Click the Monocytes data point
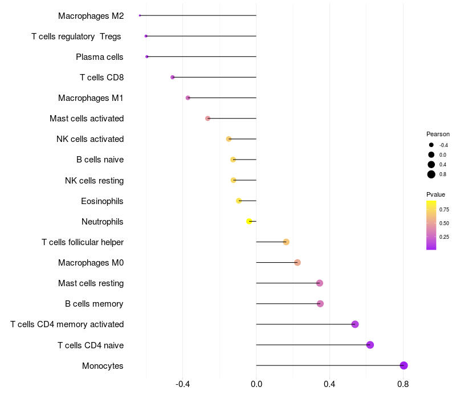tap(404, 365)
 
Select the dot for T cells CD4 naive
tap(370, 345)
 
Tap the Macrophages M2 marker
tap(140, 15)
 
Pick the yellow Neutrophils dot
tap(249, 221)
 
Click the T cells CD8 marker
tap(173, 77)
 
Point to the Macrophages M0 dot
tap(298, 262)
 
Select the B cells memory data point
tap(320, 304)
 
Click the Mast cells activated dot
tap(208, 118)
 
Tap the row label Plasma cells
tap(100, 56)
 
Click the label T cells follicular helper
tap(83, 242)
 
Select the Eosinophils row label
tap(103, 201)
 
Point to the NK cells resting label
tap(95, 181)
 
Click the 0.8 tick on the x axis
tap(403, 384)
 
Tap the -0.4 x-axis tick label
tap(183, 384)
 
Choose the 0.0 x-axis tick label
tap(256, 384)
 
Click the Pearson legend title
tap(438, 134)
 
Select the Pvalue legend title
tap(436, 194)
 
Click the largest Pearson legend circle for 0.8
tap(431, 174)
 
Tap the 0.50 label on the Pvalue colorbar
tap(444, 223)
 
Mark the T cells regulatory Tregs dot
tap(146, 36)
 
